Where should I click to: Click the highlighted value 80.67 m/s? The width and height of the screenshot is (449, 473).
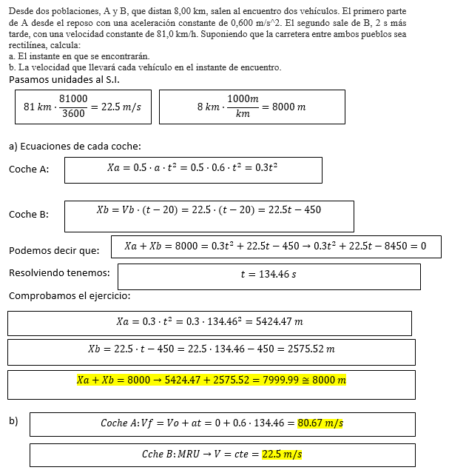(x=320, y=423)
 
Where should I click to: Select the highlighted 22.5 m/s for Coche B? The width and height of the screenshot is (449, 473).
(x=282, y=454)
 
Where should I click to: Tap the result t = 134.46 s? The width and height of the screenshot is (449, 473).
(x=269, y=275)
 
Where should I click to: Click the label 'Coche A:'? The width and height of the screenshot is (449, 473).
(x=29, y=170)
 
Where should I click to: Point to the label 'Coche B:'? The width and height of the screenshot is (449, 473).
(x=29, y=215)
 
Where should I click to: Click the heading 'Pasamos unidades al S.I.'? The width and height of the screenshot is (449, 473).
(x=64, y=79)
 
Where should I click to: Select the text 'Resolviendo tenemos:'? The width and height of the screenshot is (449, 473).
(x=59, y=273)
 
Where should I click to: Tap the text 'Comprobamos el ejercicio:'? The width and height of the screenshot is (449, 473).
(x=70, y=296)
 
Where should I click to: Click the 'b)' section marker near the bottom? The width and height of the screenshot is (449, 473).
(x=13, y=421)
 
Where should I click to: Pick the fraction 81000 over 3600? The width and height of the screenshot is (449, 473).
(x=73, y=106)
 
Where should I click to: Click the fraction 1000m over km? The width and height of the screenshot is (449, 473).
(x=243, y=106)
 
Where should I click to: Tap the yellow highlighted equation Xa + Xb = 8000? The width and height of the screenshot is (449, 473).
(x=211, y=380)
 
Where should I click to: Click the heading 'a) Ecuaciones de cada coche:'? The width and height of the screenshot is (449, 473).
(x=75, y=146)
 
